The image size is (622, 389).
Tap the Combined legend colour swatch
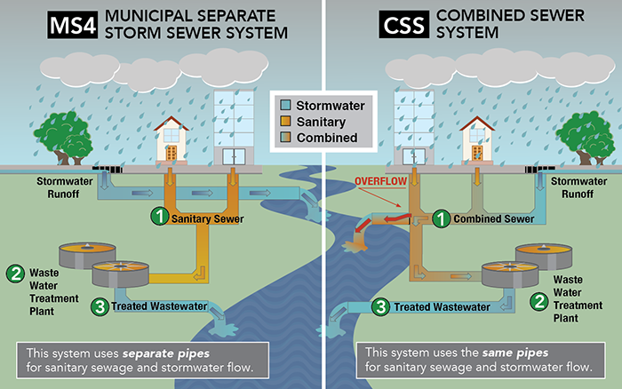pos(286,138)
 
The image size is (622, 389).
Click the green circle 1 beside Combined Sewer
pos(440,218)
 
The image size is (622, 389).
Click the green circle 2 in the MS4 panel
pos(15,274)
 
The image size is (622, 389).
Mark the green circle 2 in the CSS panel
pos(538,302)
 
